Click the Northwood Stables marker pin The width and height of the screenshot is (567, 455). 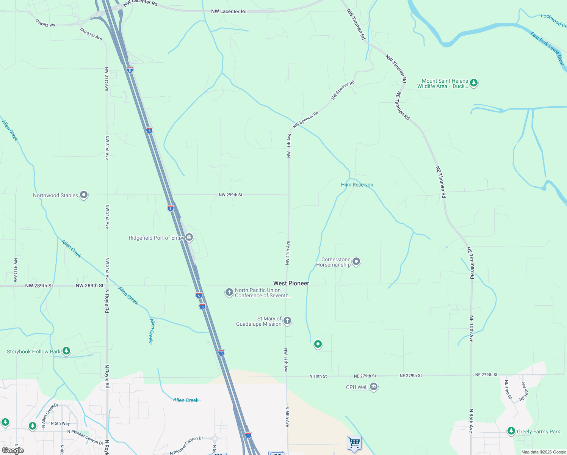click(x=84, y=195)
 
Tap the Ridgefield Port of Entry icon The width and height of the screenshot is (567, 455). click(x=189, y=238)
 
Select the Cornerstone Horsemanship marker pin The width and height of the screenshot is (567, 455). click(x=356, y=262)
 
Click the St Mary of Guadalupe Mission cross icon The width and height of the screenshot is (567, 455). click(x=287, y=321)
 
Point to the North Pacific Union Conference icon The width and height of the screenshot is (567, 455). click(x=229, y=292)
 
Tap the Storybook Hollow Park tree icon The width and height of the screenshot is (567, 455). click(x=66, y=351)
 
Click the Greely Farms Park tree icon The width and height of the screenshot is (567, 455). click(x=511, y=431)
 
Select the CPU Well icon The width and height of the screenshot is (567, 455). click(x=374, y=387)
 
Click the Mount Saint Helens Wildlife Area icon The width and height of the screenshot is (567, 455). click(x=473, y=83)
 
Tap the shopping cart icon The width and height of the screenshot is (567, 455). click(x=354, y=442)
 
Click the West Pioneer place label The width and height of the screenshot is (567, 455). click(x=291, y=283)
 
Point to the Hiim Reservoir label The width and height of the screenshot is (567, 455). click(x=357, y=185)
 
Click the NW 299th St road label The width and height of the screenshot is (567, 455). click(x=230, y=195)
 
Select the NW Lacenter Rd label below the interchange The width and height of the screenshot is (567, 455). click(x=229, y=11)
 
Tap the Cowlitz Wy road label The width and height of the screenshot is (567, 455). click(x=45, y=23)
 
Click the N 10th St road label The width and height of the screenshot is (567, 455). click(x=318, y=376)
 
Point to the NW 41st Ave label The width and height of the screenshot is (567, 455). click(x=16, y=270)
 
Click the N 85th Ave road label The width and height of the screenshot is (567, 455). click(x=471, y=421)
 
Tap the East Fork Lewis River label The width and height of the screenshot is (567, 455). click(x=547, y=48)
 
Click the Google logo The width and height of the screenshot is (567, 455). click(x=13, y=450)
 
